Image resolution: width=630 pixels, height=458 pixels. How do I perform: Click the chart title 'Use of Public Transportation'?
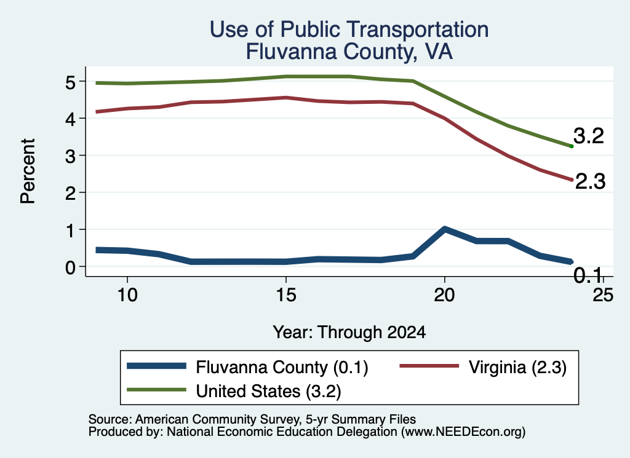[x=349, y=30]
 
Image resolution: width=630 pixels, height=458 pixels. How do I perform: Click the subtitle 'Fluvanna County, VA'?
[x=349, y=52]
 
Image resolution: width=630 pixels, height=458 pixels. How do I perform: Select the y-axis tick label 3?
[x=70, y=156]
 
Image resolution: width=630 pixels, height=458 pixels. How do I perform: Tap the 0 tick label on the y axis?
[x=70, y=267]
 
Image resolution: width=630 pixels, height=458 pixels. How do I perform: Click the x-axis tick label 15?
[x=286, y=296]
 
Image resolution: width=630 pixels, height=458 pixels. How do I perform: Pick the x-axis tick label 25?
[x=604, y=296]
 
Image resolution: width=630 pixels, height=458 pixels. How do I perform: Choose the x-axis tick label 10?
[x=127, y=296]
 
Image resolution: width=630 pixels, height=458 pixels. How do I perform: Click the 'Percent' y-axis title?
[x=28, y=172]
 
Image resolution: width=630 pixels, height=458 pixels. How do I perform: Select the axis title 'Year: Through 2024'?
[x=349, y=333]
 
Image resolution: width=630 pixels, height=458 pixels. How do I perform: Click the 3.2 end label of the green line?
[x=589, y=136]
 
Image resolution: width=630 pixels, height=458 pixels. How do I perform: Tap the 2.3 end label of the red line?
[x=590, y=181]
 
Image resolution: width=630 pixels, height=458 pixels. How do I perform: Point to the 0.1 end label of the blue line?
[x=588, y=275]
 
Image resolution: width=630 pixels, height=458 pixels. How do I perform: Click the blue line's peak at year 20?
[x=444, y=229]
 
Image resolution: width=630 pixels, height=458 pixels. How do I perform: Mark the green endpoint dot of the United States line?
[x=572, y=146]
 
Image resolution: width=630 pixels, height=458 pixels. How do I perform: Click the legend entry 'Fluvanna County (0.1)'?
[x=247, y=367]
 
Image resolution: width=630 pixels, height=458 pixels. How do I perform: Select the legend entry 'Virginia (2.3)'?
[x=483, y=367]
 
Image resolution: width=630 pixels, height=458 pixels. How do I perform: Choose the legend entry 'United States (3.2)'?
[x=234, y=391]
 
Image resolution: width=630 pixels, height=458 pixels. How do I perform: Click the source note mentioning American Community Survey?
[x=252, y=419]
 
